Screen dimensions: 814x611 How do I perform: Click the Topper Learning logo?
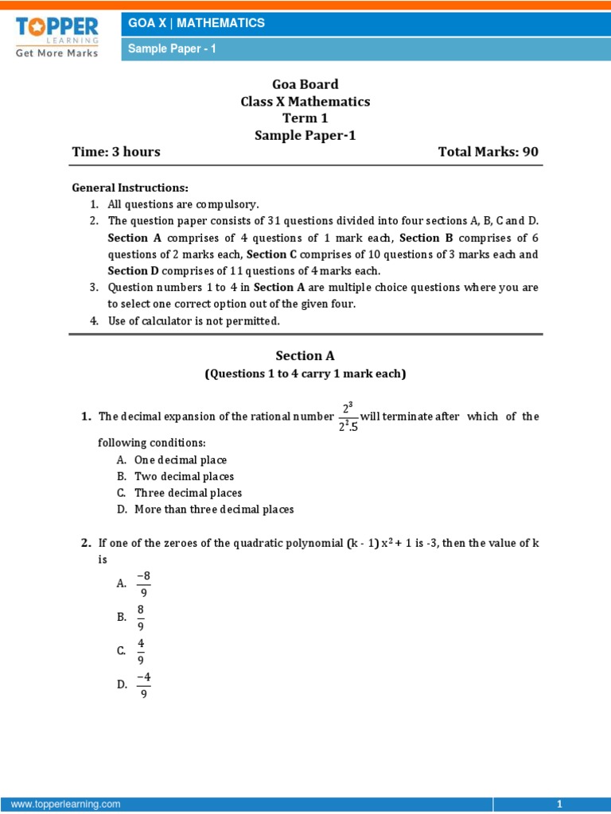(56, 36)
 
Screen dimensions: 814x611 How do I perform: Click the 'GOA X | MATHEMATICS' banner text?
(197, 23)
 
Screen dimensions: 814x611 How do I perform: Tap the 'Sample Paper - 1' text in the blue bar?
(173, 49)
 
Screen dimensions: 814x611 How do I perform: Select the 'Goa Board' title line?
(305, 84)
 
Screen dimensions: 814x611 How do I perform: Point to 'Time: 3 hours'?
(116, 152)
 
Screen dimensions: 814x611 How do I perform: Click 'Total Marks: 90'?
(488, 152)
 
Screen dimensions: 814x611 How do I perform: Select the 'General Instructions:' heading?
(130, 188)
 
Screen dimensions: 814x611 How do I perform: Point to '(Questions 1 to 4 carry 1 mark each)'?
(305, 374)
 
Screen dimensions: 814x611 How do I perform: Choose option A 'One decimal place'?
(181, 460)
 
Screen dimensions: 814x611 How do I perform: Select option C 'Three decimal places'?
(188, 493)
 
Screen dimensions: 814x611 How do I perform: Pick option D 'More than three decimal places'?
(214, 510)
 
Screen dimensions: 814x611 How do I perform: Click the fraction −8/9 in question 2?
(144, 583)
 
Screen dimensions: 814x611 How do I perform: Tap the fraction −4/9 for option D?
(144, 684)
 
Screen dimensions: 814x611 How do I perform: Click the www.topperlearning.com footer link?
(65, 804)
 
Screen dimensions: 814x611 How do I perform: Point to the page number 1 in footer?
(560, 804)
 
